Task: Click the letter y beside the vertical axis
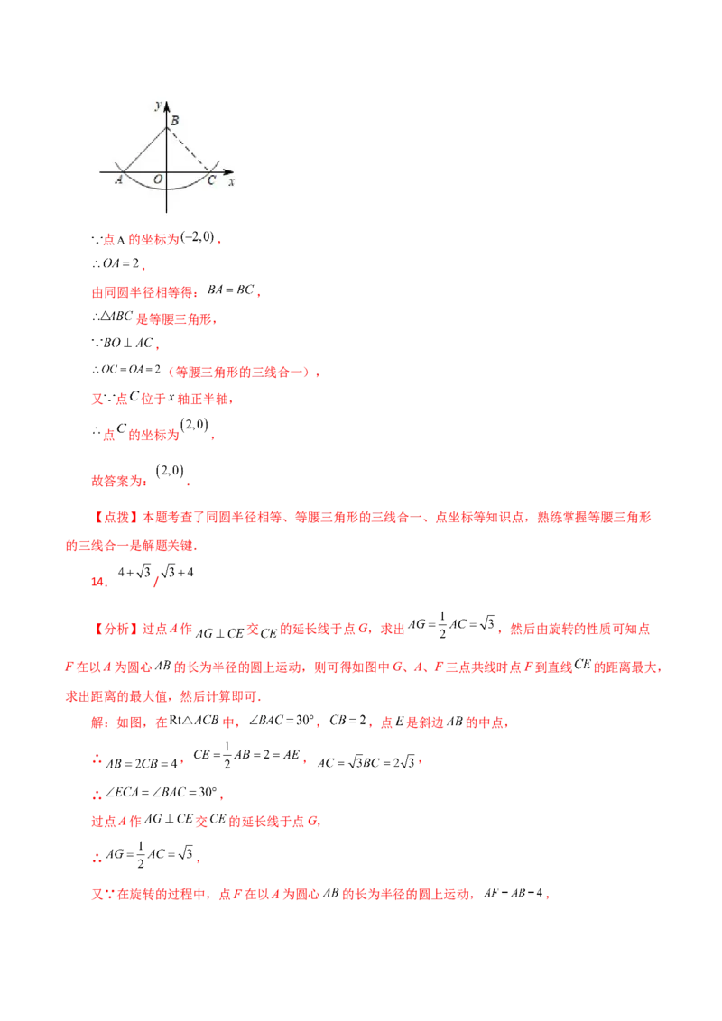[158, 106]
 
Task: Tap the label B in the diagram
[174, 120]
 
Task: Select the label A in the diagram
[118, 180]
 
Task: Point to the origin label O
[158, 180]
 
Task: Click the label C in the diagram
[211, 180]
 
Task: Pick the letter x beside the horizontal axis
[232, 182]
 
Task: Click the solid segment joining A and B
[144, 150]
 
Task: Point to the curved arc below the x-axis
[167, 190]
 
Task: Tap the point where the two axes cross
[167, 171]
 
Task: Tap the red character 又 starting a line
[93, 398]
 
